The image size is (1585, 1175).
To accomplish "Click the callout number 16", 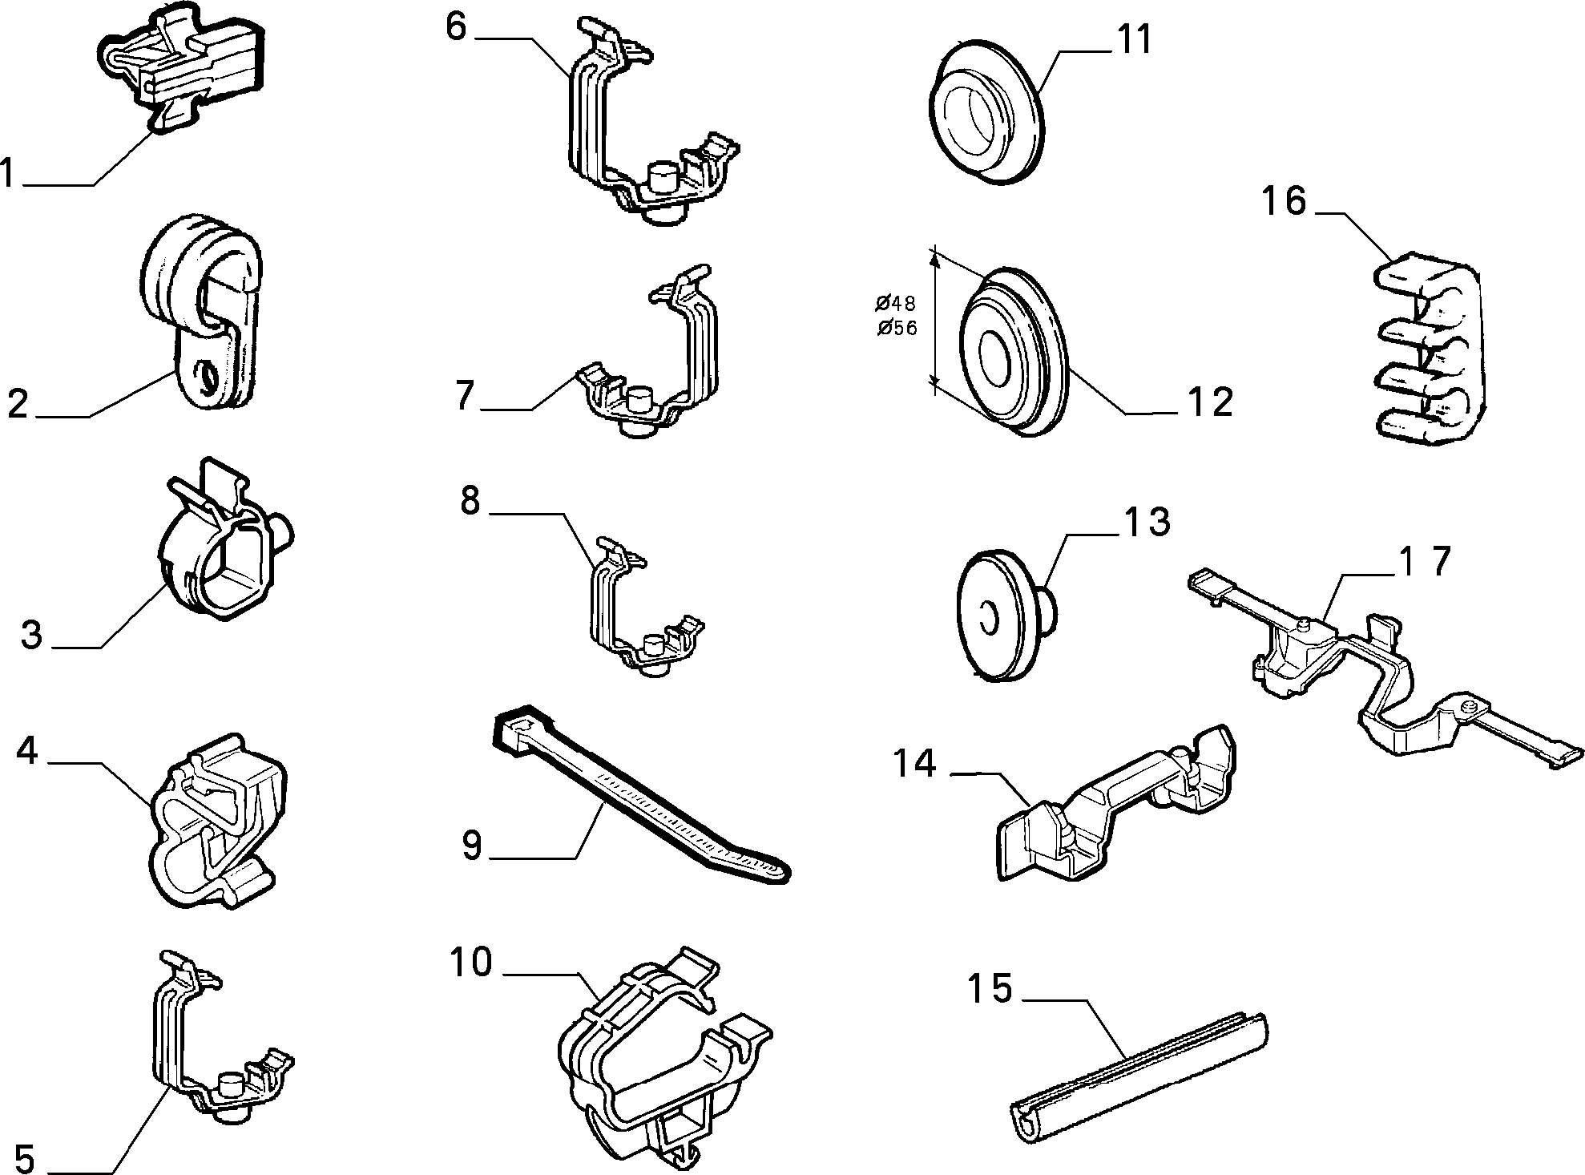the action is tap(1285, 202).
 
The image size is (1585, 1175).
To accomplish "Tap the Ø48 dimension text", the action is tap(896, 303).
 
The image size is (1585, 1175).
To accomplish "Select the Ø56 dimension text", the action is tap(896, 328).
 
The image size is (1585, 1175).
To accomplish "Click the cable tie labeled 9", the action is tap(641, 795).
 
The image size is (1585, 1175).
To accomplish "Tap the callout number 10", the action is tap(470, 963).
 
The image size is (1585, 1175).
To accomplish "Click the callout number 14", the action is tap(914, 764).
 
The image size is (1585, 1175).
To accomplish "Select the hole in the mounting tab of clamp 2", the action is tap(208, 376).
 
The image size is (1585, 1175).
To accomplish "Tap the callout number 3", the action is tap(31, 636).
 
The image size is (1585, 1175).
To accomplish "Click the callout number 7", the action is tap(466, 396).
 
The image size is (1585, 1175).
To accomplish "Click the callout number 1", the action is tap(9, 172).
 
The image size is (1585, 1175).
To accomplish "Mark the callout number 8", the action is tap(470, 501).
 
